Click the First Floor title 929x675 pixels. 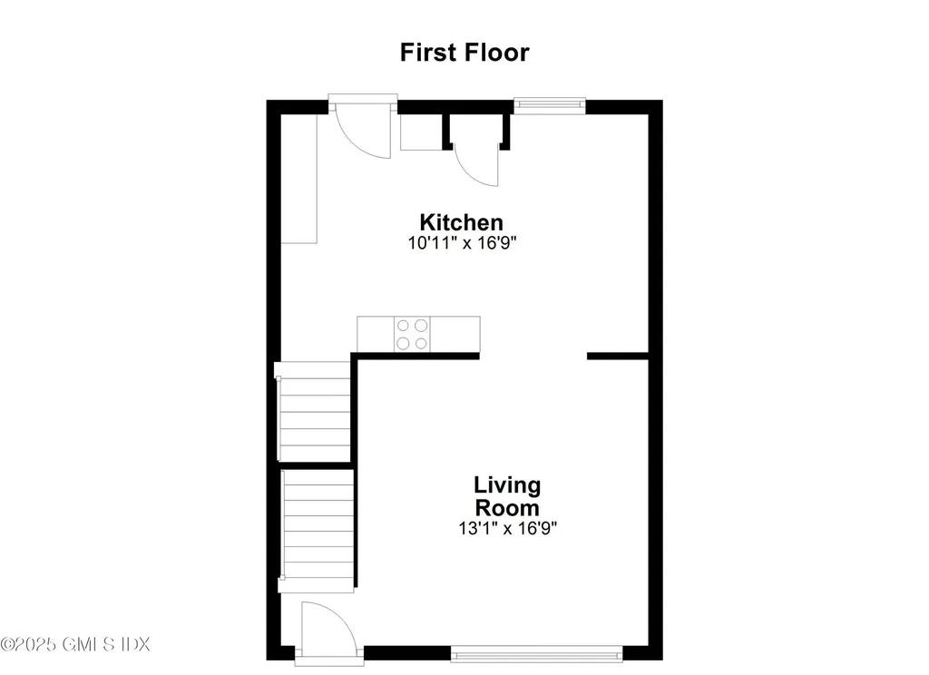(464, 52)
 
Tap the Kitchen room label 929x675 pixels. (461, 221)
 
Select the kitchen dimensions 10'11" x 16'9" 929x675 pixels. (463, 242)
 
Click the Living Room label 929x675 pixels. (507, 496)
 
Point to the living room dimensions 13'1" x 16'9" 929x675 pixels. (507, 527)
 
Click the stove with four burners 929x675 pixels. (412, 333)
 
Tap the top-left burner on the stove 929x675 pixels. (403, 325)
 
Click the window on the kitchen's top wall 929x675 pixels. (550, 104)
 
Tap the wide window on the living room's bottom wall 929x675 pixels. (536, 652)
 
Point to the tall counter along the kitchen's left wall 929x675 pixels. (298, 179)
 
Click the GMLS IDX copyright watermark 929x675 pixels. (75, 644)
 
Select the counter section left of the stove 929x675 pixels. (376, 333)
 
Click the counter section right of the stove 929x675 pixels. (455, 333)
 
